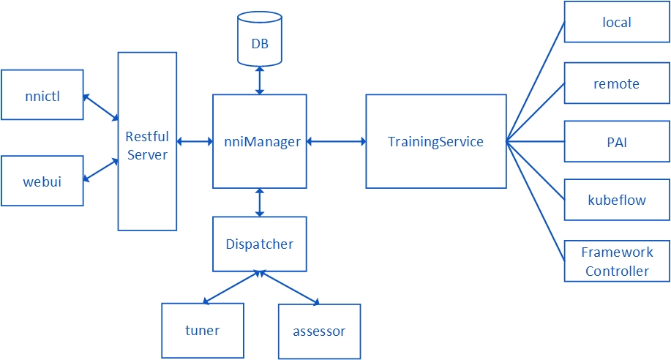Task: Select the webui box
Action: click(42, 180)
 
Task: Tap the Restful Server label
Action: click(147, 145)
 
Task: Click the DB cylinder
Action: click(260, 43)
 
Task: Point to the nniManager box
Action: click(260, 141)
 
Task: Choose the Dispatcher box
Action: click(260, 244)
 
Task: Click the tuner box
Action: click(202, 331)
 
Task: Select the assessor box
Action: click(319, 331)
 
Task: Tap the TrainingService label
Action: click(435, 141)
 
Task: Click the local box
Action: click(617, 22)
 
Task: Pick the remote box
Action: click(617, 83)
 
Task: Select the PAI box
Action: click(617, 142)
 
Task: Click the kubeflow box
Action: click(617, 200)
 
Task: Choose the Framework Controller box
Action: click(617, 261)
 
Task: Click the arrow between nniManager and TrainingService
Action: click(337, 141)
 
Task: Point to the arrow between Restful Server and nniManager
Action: click(195, 141)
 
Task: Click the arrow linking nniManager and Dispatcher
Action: click(260, 202)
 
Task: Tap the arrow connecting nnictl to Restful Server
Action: click(100, 107)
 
